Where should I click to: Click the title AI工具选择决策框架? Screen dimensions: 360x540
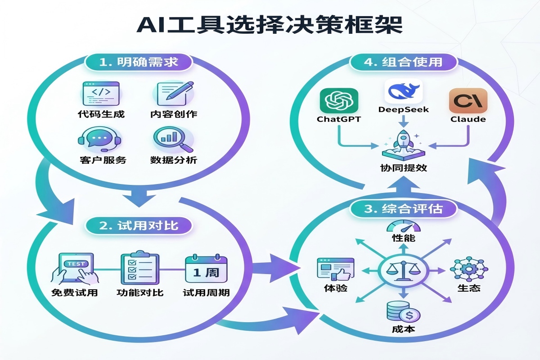270,25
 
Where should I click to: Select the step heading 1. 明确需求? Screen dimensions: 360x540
138,62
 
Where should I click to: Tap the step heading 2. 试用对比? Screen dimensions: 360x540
139,225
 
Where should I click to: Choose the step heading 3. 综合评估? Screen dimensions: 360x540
403,209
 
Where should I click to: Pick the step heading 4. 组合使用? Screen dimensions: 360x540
403,62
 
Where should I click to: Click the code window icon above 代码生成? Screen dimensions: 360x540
101,93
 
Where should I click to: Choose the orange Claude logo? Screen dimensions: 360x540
468,100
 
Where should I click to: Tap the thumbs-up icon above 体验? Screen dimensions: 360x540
335,270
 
